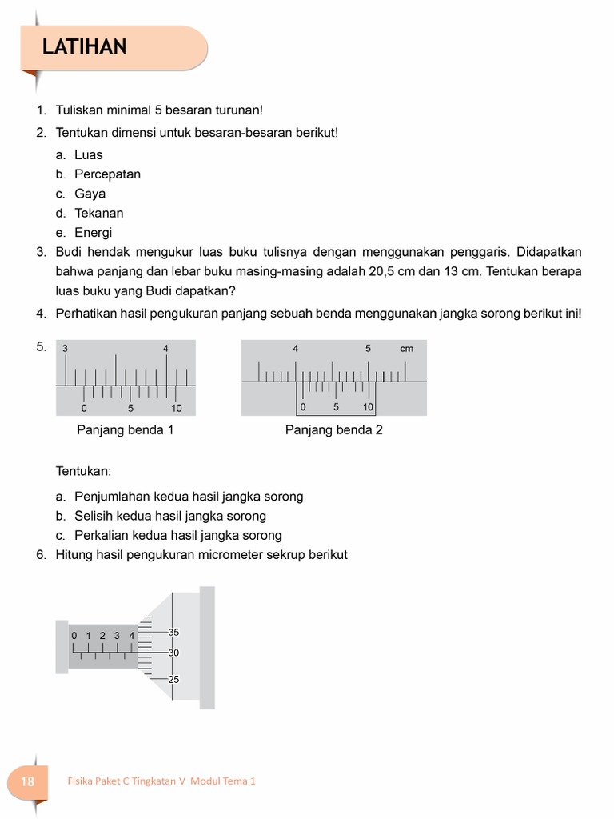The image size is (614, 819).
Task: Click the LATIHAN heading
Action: point(85,48)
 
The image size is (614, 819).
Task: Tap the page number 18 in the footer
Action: point(27,781)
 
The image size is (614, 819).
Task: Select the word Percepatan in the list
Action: point(107,174)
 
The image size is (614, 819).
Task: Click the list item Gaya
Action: point(90,194)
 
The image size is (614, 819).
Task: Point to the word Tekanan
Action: point(98,214)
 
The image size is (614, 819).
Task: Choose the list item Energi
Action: point(93,233)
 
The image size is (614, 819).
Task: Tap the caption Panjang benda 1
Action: point(125,430)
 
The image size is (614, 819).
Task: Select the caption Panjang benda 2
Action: point(333,430)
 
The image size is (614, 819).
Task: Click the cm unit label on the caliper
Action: point(407,349)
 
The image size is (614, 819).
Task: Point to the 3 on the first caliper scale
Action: point(65,349)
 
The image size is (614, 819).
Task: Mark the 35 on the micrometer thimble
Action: point(173,633)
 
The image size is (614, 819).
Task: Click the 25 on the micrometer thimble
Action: point(173,679)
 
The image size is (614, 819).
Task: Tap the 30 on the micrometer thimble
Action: point(173,653)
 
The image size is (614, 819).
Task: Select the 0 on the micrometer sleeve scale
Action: point(74,636)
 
